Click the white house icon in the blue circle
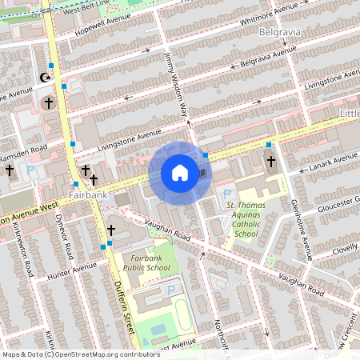click(180, 173)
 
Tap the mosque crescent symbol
click(45, 78)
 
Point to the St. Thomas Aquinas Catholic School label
click(253, 219)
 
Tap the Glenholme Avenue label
click(300, 228)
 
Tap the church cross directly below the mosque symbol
click(48, 103)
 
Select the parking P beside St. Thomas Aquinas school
click(227, 194)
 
